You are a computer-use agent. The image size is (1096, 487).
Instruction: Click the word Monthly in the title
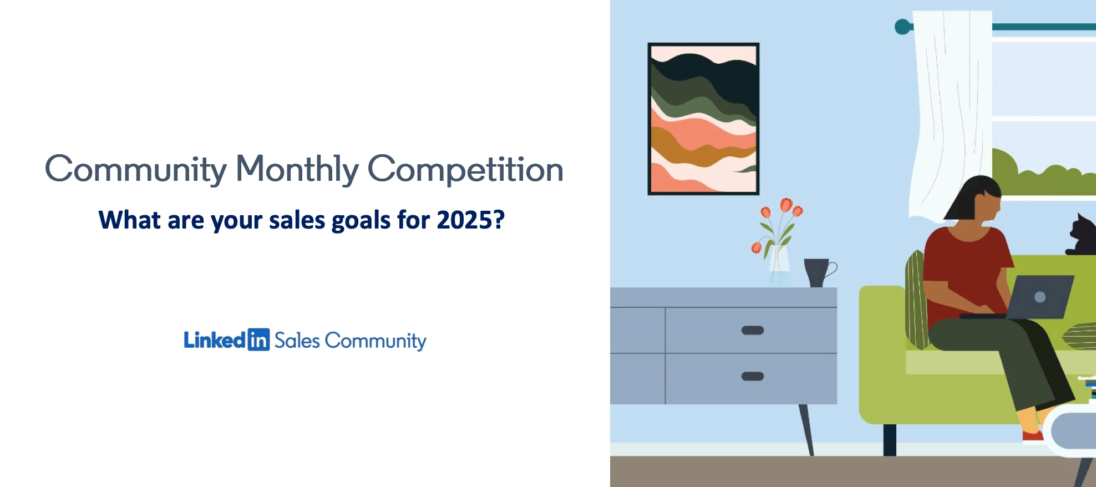tap(297, 169)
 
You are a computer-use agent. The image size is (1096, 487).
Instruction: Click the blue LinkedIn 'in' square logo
tap(258, 339)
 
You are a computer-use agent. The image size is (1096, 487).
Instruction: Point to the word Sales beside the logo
tap(297, 341)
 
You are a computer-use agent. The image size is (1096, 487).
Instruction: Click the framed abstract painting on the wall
tap(703, 119)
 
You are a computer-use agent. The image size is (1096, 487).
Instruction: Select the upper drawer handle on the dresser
tap(753, 331)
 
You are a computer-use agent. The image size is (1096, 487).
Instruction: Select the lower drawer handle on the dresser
tap(753, 376)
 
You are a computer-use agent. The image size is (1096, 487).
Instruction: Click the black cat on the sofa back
tap(1082, 236)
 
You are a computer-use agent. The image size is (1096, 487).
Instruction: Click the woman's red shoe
tap(1032, 437)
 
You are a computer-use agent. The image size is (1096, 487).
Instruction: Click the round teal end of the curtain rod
tap(903, 27)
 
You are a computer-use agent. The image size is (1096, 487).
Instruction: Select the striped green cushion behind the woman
tap(916, 300)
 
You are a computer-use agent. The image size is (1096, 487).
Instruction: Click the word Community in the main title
tap(136, 169)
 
